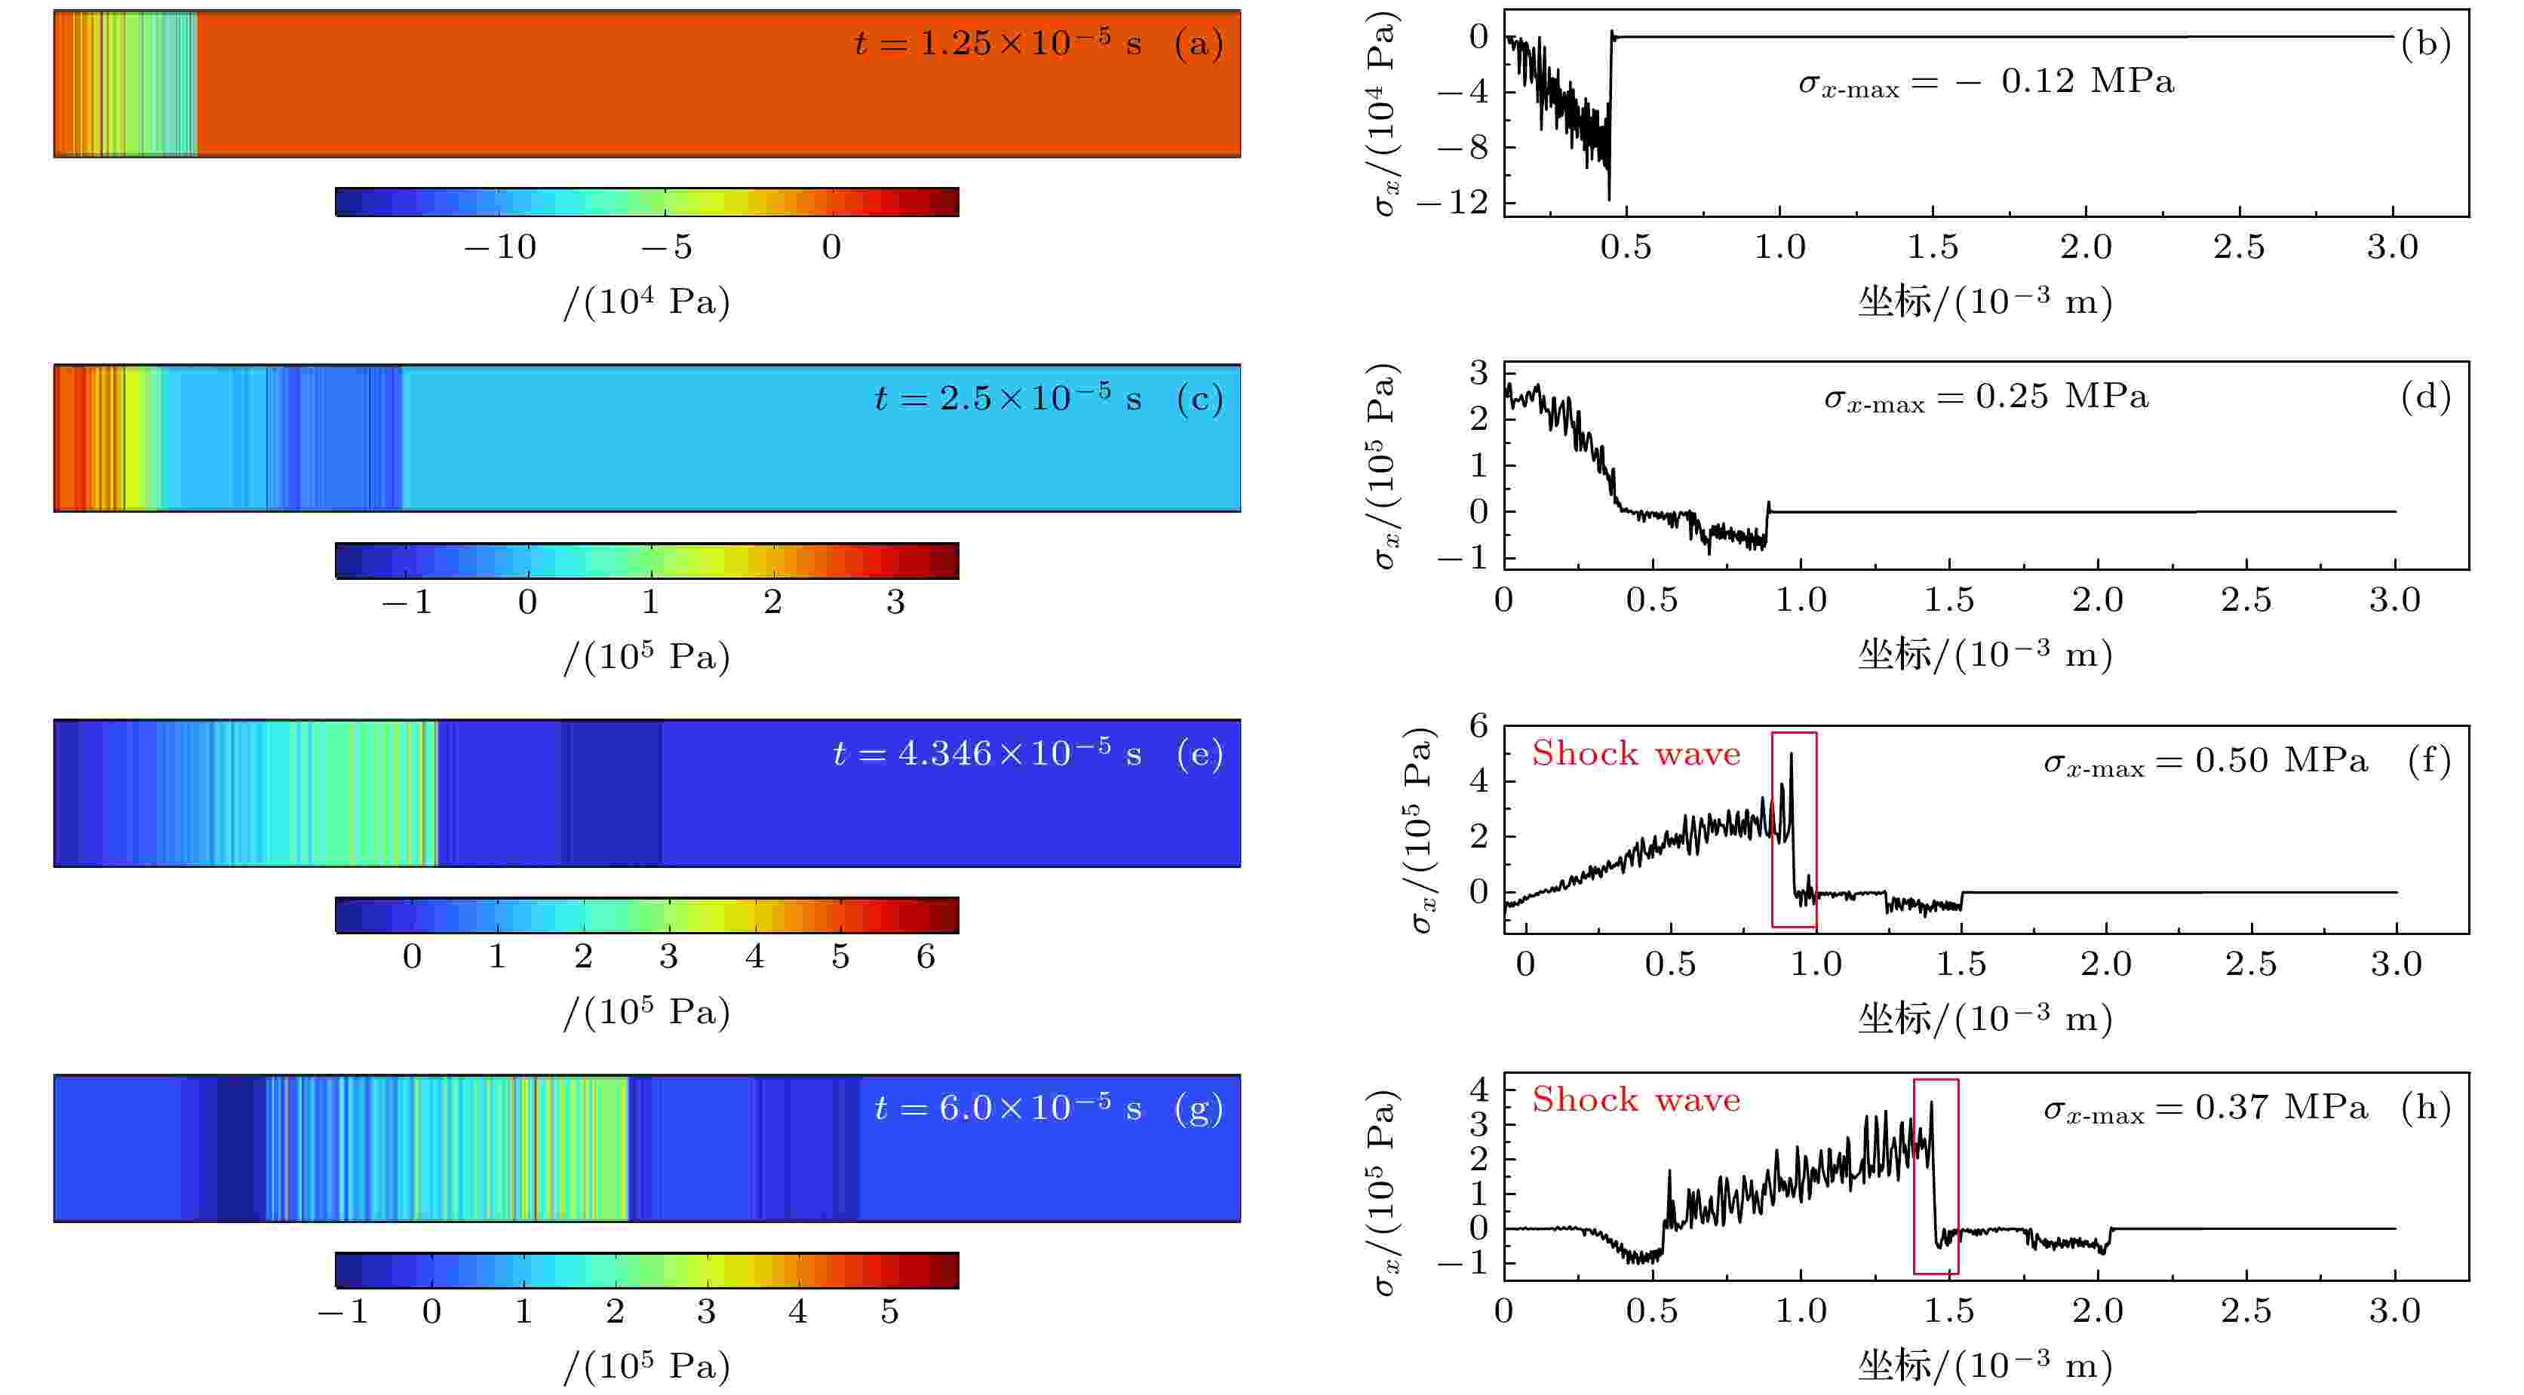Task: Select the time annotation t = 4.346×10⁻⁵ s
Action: [987, 753]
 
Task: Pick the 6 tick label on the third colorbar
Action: [925, 956]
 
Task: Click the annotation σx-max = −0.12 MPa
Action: [1986, 82]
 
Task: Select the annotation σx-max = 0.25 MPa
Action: [1986, 397]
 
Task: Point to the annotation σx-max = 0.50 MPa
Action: [2205, 761]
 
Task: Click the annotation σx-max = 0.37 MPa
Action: [2205, 1108]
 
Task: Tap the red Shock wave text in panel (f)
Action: [1635, 753]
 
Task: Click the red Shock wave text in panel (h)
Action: [1635, 1100]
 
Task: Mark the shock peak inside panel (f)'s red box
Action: [1791, 754]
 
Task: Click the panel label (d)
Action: [2425, 397]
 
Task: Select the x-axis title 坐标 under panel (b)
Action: [1894, 302]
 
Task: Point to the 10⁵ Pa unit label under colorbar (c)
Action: [646, 656]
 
